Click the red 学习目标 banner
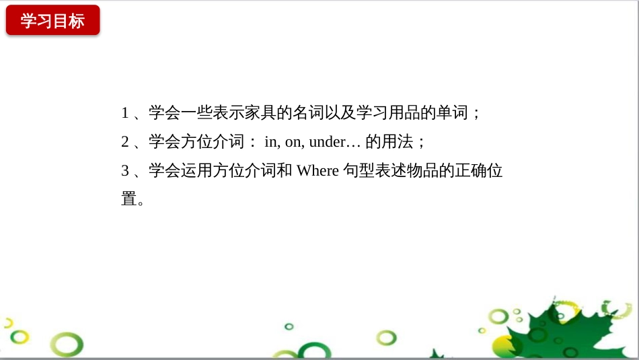point(52,20)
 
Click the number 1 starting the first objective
point(124,113)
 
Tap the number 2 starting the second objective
point(124,142)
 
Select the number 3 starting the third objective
point(124,171)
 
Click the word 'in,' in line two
point(272,142)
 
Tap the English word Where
point(317,171)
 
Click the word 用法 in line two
point(402,142)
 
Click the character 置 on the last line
point(128,199)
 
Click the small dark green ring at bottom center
point(289,326)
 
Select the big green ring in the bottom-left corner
point(67,345)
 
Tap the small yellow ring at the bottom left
point(20,336)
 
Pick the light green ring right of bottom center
point(386,337)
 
